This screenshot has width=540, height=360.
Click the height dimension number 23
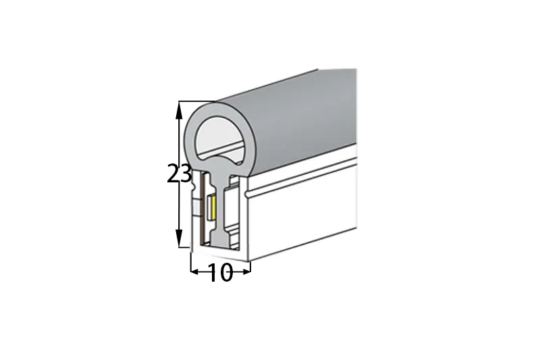179,174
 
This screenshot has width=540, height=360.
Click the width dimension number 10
221,272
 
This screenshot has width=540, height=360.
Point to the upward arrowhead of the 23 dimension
178,110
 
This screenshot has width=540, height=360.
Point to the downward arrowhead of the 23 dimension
178,238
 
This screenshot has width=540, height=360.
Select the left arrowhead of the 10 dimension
194,272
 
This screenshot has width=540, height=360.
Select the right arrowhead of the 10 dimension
246,272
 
